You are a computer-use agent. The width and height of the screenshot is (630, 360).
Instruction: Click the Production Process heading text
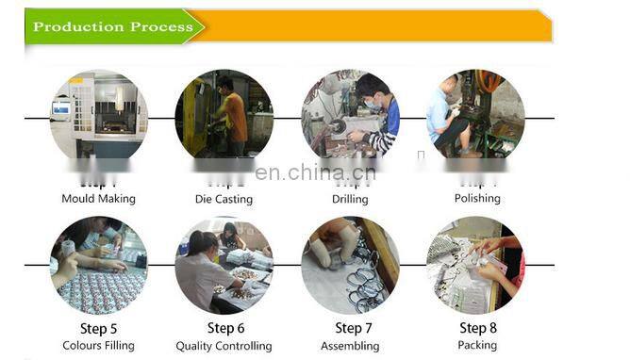coord(112,26)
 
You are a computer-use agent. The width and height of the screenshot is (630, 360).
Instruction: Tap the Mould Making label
coord(98,199)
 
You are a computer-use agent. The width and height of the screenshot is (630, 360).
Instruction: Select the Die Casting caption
coord(224,200)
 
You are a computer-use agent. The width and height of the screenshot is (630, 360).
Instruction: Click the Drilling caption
coord(350,199)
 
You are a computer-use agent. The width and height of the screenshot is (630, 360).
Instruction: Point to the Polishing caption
coord(477,199)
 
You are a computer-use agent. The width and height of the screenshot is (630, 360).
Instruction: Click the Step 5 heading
coord(98,329)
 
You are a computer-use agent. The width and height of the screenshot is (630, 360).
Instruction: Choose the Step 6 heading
coord(224,329)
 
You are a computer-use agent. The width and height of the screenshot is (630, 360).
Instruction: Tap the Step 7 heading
coord(350,329)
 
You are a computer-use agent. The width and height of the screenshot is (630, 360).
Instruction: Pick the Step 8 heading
coord(477,329)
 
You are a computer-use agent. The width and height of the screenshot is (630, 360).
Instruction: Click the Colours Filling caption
coord(98,346)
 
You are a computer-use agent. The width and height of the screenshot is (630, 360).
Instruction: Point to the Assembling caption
coord(350,346)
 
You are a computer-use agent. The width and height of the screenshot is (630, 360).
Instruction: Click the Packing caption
coord(477,346)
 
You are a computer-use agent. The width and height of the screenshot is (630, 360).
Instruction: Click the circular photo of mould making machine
coord(98,117)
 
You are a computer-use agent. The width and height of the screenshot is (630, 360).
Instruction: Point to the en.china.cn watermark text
coord(315,172)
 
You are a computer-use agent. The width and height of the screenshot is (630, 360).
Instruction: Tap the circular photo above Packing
coord(475,265)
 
